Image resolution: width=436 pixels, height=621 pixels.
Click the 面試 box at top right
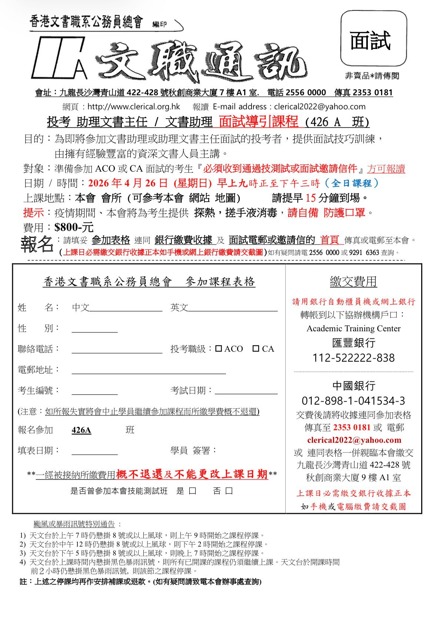coord(373,38)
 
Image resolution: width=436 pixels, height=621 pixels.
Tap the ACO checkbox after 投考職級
coord(219,349)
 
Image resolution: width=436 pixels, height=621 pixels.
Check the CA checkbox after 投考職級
coord(256,349)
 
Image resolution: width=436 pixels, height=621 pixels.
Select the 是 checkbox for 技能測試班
coord(193,491)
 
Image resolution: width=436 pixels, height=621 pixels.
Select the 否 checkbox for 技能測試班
coord(229,491)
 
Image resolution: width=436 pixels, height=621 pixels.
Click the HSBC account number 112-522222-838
coord(353,358)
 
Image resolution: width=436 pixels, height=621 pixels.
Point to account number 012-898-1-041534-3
coord(353,401)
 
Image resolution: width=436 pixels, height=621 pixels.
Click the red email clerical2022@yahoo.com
coord(354,440)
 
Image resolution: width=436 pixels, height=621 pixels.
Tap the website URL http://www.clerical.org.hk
coord(134,107)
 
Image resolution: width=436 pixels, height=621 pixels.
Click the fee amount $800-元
coord(74,227)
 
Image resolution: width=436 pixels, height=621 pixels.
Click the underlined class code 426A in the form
coord(81,430)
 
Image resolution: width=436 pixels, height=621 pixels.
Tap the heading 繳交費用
coord(353,282)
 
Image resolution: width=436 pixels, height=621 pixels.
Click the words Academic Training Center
coord(353,329)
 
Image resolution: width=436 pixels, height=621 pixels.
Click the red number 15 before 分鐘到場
coord(311,198)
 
